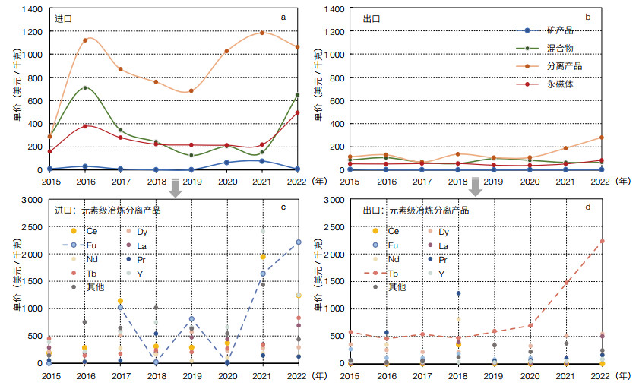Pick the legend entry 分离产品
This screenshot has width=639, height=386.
(561, 67)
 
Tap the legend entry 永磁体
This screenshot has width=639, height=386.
(559, 84)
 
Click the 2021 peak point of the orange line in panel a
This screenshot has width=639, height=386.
(262, 33)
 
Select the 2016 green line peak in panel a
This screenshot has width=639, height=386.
(85, 87)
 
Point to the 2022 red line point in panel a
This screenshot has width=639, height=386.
(297, 112)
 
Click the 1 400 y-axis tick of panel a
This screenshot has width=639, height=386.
(31, 8)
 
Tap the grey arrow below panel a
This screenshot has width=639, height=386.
(176, 187)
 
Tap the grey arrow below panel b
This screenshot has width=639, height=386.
(476, 187)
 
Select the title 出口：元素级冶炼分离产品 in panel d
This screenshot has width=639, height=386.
(406, 210)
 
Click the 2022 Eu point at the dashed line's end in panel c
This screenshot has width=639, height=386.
(299, 242)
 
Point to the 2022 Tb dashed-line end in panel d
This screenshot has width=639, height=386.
(602, 241)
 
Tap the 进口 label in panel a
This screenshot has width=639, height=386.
(64, 17)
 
